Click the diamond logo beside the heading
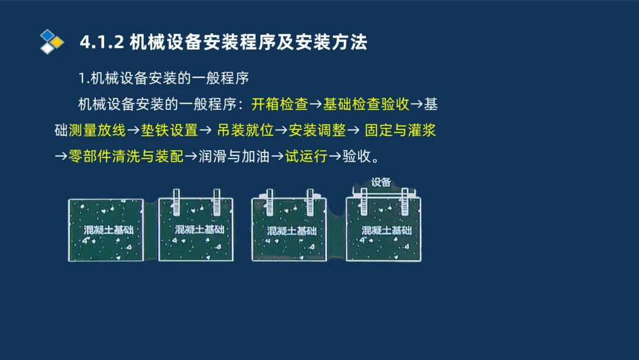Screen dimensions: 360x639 52,42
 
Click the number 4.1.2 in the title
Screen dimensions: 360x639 102,42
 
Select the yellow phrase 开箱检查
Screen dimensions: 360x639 279,104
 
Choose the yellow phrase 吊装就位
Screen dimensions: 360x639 245,130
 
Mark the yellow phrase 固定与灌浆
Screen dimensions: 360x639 401,130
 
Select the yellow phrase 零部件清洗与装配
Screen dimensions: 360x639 126,157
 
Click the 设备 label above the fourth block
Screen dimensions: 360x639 381,182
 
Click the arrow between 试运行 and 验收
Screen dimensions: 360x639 335,157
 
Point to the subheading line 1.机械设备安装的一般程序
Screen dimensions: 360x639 163,78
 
